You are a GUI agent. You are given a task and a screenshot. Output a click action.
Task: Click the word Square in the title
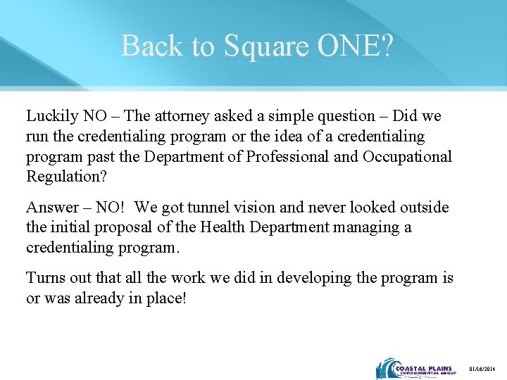coord(265,46)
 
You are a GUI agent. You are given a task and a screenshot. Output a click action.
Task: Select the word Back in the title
coord(147,46)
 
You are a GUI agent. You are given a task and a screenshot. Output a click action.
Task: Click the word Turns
coord(45,278)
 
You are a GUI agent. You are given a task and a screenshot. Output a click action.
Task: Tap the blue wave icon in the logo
coord(385,369)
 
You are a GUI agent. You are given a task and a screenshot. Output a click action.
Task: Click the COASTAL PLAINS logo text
coord(423,366)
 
